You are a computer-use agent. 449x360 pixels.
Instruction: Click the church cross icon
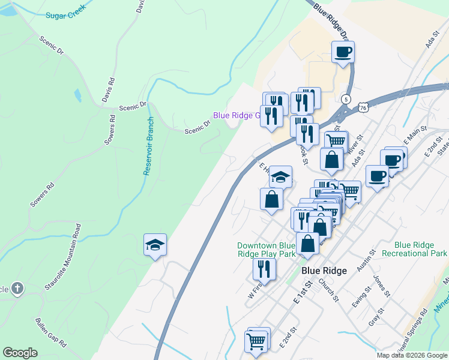17,289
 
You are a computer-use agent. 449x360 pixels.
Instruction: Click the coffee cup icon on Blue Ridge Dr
343,52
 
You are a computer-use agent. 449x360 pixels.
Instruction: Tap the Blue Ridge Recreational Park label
421,249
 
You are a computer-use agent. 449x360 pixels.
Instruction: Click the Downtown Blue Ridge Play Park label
266,250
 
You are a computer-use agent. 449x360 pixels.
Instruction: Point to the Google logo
20,353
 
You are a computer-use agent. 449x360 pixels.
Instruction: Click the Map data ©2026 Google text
412,355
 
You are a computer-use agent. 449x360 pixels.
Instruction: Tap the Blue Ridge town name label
324,271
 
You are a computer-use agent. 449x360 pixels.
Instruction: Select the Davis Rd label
109,90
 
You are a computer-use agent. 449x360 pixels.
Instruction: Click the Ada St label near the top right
429,42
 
